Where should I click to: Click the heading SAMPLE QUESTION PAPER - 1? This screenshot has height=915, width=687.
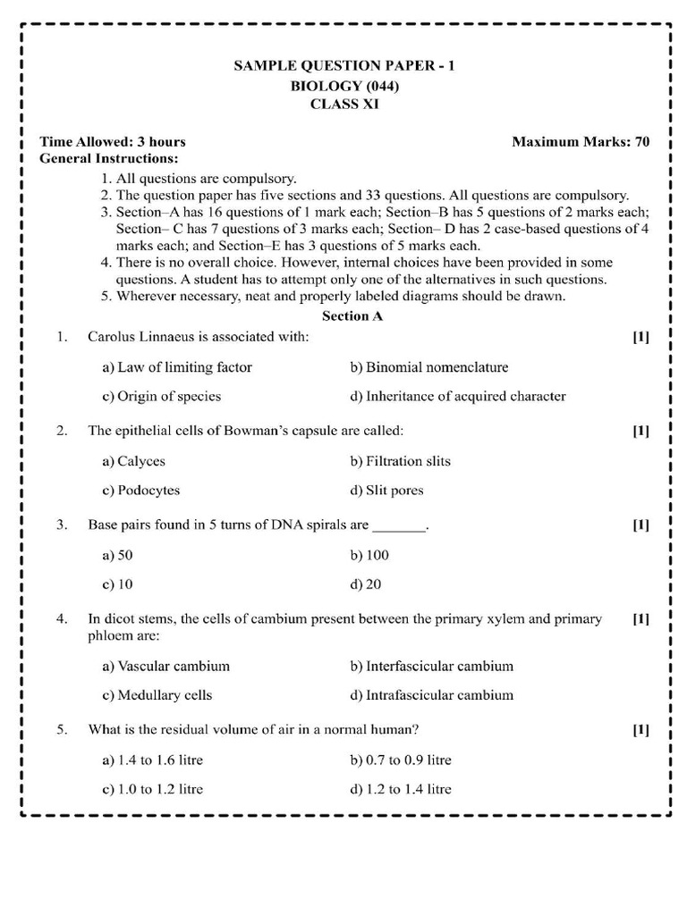point(344,66)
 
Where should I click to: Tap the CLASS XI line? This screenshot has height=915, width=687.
point(344,105)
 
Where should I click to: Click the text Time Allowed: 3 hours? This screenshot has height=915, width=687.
point(113,142)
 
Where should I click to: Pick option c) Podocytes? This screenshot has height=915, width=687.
point(140,491)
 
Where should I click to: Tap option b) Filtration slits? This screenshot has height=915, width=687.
point(400,461)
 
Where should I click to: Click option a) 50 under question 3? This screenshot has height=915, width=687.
point(117,555)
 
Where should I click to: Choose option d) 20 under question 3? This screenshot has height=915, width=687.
point(366,584)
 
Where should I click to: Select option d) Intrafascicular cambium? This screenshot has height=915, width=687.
point(432,695)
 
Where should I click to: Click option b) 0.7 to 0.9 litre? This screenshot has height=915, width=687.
point(401,760)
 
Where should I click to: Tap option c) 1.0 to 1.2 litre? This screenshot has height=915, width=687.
point(152,789)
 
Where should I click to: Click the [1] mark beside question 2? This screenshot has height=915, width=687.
point(640,431)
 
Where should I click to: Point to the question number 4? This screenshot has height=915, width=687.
point(62,618)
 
